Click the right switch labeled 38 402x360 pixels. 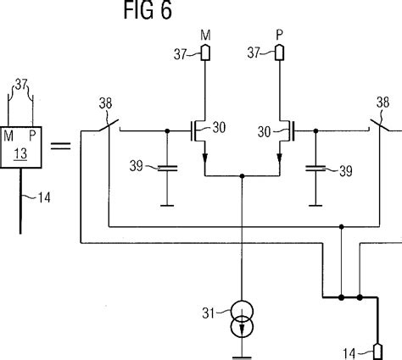click(379, 125)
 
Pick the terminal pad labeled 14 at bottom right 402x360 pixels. click(378, 350)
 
